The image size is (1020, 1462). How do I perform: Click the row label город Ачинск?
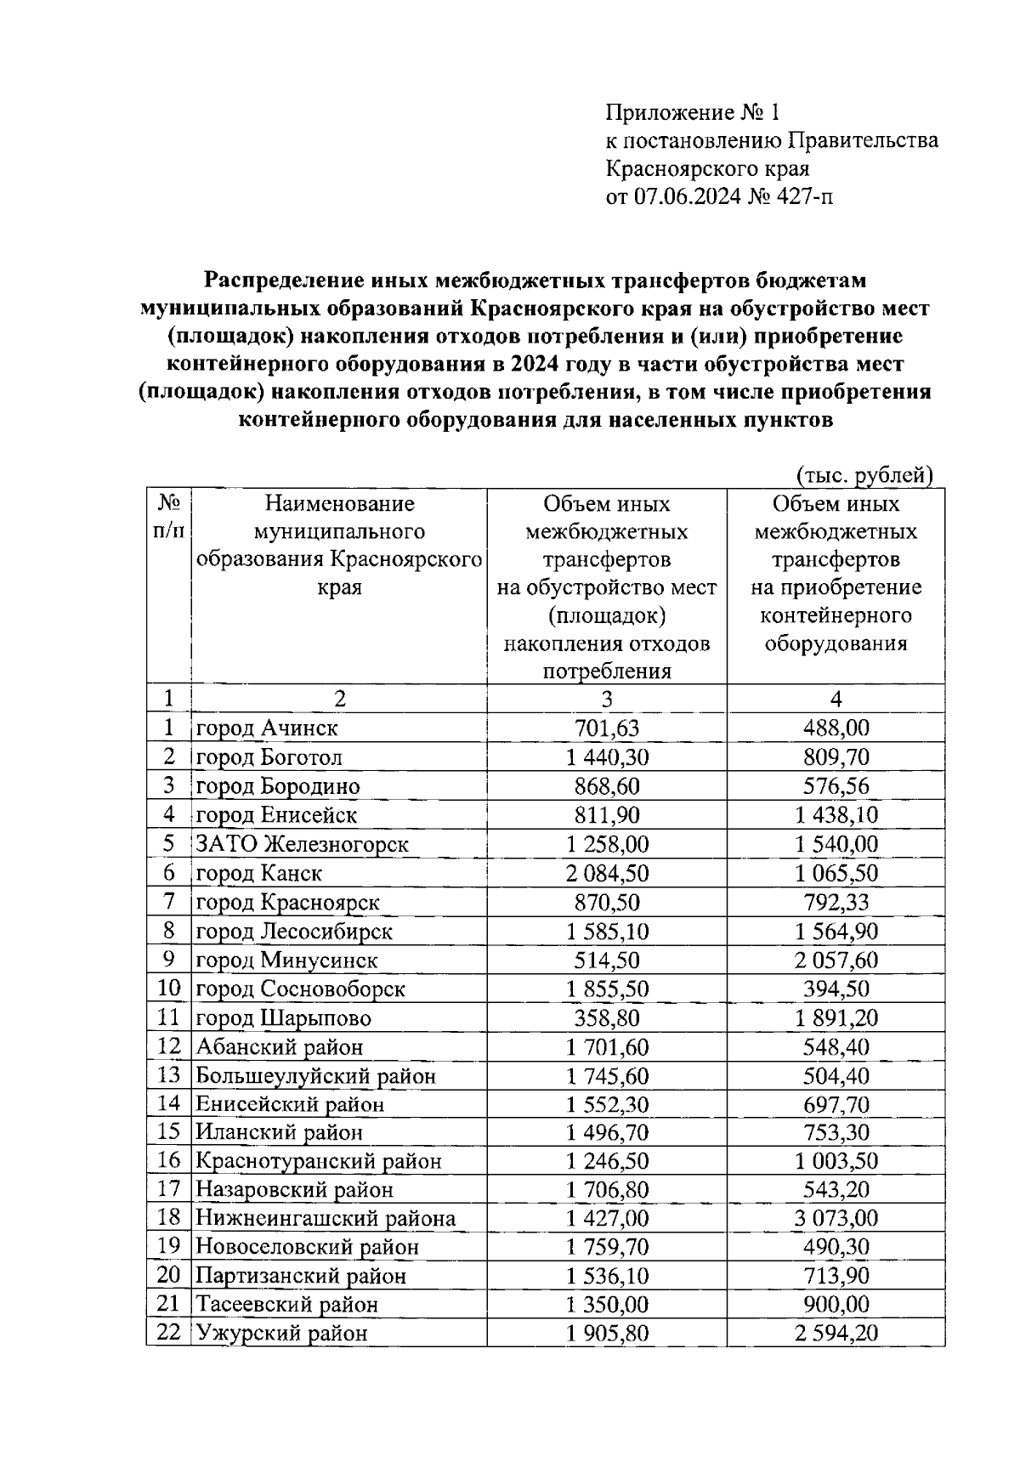(x=267, y=728)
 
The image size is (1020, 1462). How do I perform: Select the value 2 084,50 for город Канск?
(x=607, y=873)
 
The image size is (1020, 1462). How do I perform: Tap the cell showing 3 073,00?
(x=836, y=1218)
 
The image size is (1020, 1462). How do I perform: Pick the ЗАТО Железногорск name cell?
(x=303, y=844)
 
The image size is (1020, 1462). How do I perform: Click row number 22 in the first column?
(x=169, y=1333)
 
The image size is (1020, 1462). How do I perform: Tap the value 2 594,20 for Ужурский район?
(x=836, y=1333)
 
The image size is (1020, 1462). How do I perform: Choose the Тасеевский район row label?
(x=287, y=1304)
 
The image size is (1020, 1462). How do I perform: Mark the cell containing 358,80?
(x=607, y=1017)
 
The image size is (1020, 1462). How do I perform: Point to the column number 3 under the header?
(x=607, y=699)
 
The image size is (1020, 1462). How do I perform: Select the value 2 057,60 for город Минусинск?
(x=836, y=960)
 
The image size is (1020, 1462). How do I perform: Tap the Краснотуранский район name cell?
(x=319, y=1160)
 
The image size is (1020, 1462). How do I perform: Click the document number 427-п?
(x=803, y=197)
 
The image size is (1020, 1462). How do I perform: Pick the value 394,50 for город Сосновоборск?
(x=836, y=989)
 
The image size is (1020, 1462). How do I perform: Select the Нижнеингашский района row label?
(x=326, y=1218)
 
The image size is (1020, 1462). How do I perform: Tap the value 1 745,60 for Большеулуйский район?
(x=607, y=1075)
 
